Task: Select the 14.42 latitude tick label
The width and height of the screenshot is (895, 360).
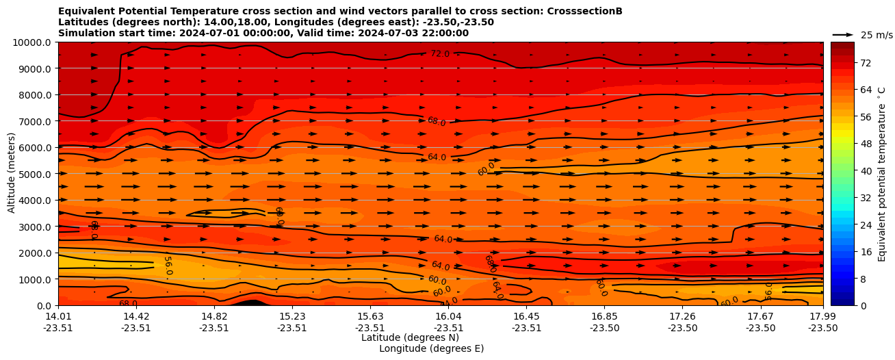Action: (x=136, y=316)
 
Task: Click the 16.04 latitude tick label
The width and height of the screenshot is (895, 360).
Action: (x=448, y=316)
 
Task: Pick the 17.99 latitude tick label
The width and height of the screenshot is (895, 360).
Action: (x=822, y=316)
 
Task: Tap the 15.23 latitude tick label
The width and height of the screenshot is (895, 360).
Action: (x=292, y=316)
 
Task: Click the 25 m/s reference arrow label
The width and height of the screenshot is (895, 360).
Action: (x=877, y=35)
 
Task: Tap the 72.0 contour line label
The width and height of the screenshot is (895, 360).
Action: (x=440, y=53)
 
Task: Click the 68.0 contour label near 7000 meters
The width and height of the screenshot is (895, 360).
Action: (x=437, y=121)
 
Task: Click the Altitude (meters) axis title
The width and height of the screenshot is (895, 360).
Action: (x=12, y=174)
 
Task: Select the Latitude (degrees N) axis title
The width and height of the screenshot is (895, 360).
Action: (x=410, y=337)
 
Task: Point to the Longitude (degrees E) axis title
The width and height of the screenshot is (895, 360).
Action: (x=431, y=348)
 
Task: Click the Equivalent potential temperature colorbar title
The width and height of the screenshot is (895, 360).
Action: (x=882, y=174)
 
